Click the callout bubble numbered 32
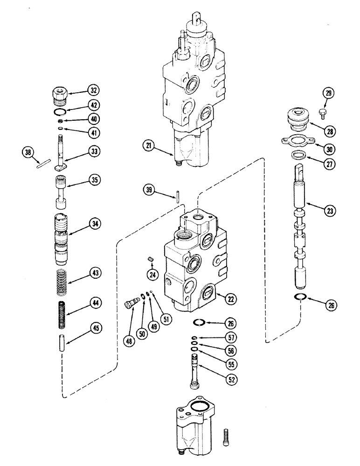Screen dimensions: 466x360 (x=94, y=90)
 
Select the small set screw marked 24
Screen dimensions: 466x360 (x=151, y=257)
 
